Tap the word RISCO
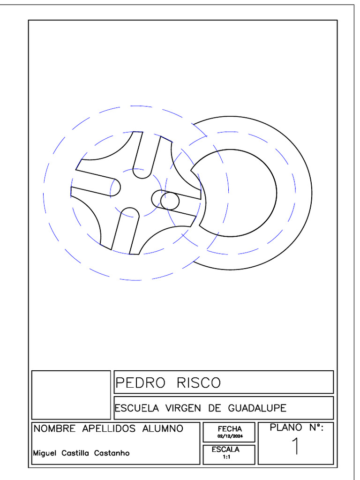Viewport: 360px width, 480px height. coord(198,383)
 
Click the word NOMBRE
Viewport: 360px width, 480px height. coord(55,428)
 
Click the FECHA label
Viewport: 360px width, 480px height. coord(230,428)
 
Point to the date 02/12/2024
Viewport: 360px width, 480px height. coord(230,435)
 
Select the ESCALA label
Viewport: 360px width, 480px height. coord(225,449)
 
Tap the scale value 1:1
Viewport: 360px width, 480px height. coord(226,456)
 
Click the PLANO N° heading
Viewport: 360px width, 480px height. coord(297,427)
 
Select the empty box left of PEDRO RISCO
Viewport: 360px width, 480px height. coord(71,395)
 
